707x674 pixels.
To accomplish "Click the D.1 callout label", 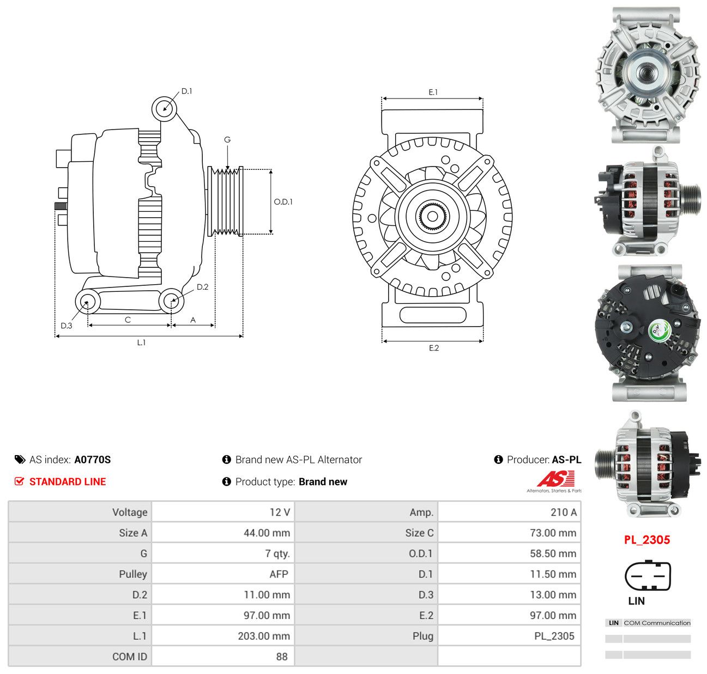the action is coord(186,91).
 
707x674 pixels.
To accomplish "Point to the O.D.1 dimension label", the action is coord(283,202).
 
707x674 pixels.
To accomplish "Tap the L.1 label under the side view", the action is coord(141,342).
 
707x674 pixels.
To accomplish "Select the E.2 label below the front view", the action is coord(434,348).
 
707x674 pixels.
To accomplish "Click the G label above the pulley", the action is coord(227,139).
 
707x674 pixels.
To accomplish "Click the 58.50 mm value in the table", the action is coord(553,553).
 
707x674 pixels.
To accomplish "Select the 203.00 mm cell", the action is coord(264,636).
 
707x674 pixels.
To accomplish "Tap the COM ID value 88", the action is coord(282,657).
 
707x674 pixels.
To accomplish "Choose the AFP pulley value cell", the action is coord(279,574).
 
